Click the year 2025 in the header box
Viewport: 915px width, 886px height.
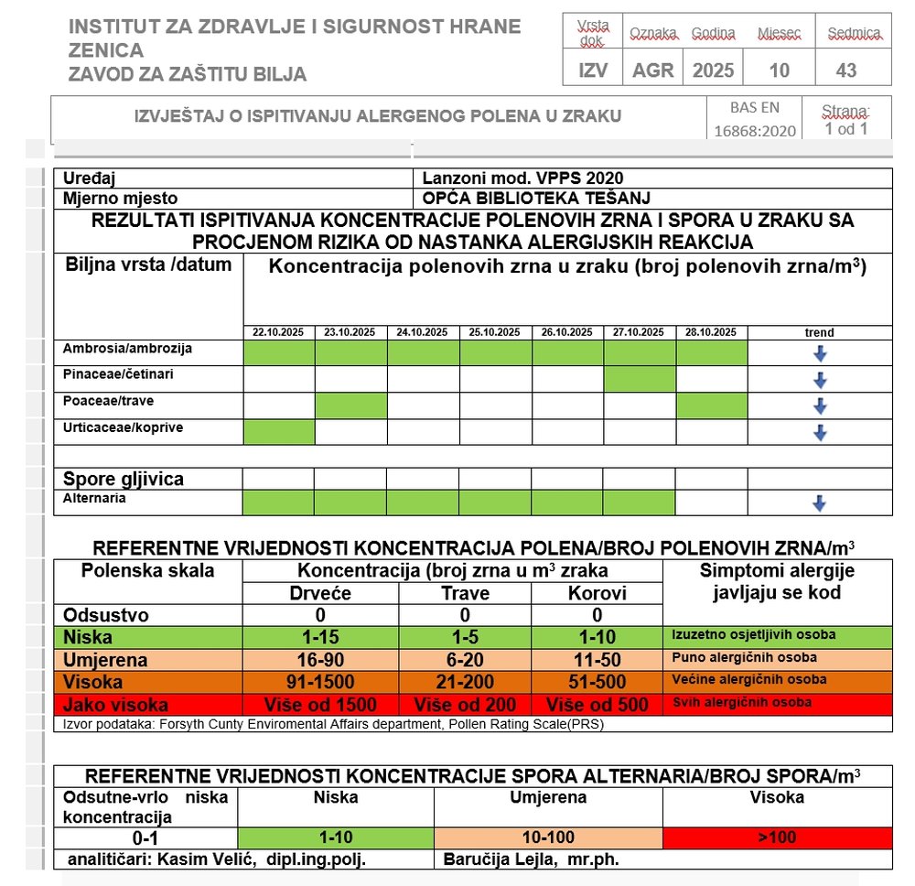pos(714,70)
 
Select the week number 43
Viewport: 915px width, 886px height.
pos(846,70)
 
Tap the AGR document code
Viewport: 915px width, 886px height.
pos(652,70)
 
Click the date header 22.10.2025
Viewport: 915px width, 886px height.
pos(279,332)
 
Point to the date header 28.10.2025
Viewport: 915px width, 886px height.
pos(712,332)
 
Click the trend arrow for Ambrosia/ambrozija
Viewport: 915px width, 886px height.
pos(820,353)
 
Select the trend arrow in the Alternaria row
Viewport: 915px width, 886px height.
pos(820,502)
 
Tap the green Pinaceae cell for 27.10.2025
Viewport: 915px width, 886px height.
pos(640,379)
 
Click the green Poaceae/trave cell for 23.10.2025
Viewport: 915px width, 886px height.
pos(350,405)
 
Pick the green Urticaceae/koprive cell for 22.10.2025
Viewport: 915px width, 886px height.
pos(279,431)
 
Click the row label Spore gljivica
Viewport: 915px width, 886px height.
pos(124,479)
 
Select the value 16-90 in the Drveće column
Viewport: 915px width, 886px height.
pos(319,659)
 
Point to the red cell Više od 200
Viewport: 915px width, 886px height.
pos(465,705)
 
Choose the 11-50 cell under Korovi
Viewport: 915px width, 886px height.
pos(597,659)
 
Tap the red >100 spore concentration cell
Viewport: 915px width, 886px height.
pos(776,837)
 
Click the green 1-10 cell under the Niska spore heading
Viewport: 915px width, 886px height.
pos(335,837)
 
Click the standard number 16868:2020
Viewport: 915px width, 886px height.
pos(756,131)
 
